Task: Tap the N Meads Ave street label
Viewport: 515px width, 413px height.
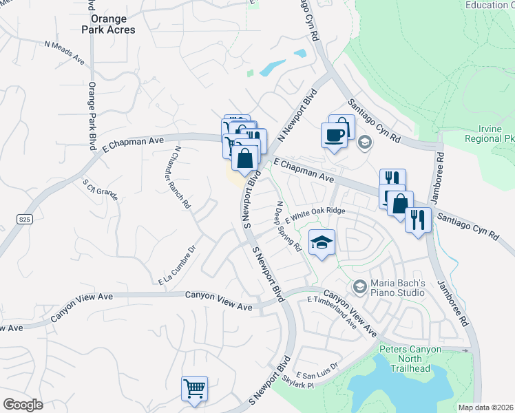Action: [x=64, y=53]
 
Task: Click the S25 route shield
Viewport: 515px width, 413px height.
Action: [x=25, y=219]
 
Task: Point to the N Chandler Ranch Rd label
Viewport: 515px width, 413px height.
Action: [x=177, y=178]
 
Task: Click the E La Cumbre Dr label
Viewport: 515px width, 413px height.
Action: [x=178, y=264]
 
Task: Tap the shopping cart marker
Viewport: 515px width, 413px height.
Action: [x=194, y=388]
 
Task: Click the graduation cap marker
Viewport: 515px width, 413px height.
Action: [x=321, y=242]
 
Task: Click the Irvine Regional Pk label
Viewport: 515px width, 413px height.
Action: [x=491, y=134]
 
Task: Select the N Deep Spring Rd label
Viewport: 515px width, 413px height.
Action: [x=288, y=225]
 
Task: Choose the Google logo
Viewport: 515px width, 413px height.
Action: [x=23, y=405]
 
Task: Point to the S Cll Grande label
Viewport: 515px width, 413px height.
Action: [x=100, y=187]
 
